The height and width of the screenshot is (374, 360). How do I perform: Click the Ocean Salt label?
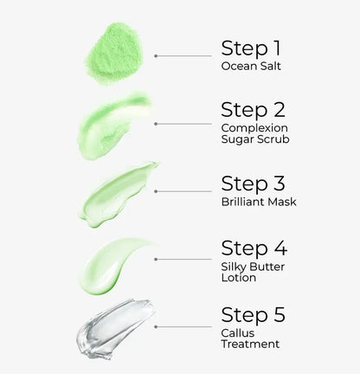251,64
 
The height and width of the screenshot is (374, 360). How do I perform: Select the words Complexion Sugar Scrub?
255,132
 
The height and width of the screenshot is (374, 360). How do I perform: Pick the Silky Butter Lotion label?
254,271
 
